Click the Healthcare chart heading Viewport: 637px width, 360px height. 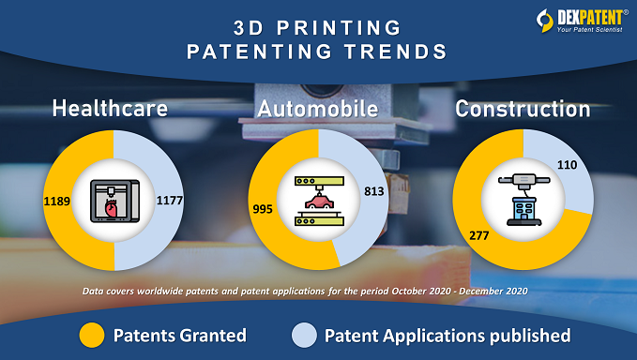(x=111, y=109)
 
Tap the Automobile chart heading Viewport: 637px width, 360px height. (x=320, y=109)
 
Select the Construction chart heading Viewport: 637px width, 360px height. (x=523, y=109)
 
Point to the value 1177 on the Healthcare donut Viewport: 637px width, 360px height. (x=167, y=200)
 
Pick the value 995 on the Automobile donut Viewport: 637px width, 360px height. (x=263, y=208)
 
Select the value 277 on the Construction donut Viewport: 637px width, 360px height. (x=478, y=234)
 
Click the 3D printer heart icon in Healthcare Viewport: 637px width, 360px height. (x=113, y=200)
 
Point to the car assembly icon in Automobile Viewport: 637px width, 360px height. (x=318, y=200)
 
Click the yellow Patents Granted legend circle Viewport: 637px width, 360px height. (x=92, y=335)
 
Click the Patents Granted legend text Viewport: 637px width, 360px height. (x=179, y=335)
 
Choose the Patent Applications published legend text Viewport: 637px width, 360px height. (x=447, y=335)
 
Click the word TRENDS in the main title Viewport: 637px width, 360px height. (x=397, y=52)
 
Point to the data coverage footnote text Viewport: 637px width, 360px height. (x=318, y=292)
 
